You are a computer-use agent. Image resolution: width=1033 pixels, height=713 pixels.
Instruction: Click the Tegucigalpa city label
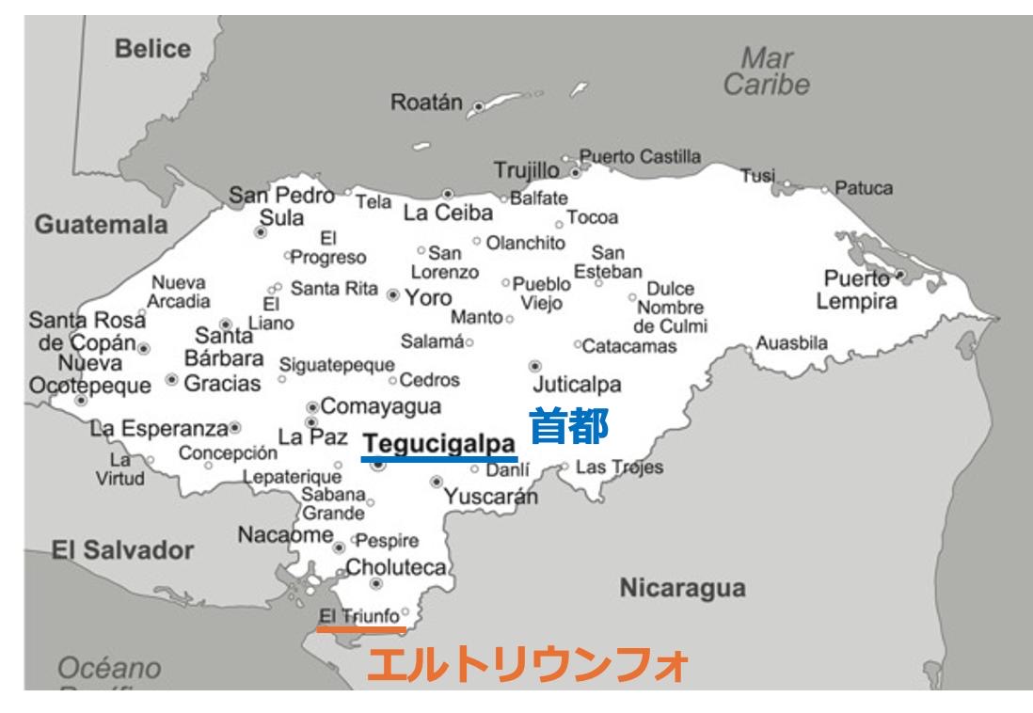click(x=439, y=443)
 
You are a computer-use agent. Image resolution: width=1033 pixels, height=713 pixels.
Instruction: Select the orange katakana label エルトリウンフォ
click(x=527, y=665)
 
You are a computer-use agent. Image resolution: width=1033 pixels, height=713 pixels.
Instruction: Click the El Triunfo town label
click(x=359, y=616)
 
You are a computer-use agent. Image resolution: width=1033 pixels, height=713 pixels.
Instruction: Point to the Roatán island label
click(x=426, y=103)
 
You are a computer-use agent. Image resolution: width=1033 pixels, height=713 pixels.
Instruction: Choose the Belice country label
click(x=152, y=49)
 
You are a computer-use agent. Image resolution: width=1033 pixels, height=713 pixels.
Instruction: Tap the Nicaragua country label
click(x=682, y=589)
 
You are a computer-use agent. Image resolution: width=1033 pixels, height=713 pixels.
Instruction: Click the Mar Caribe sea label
click(x=766, y=71)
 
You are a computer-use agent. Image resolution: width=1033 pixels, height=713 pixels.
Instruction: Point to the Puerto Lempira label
click(x=856, y=291)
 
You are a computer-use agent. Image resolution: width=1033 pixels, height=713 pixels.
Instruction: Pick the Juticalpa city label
click(x=577, y=385)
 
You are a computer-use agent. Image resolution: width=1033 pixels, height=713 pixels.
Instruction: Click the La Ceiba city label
click(x=448, y=214)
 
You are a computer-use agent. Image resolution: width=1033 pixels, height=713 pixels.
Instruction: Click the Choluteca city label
click(x=399, y=567)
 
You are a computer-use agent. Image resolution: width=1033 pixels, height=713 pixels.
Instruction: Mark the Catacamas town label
click(x=629, y=346)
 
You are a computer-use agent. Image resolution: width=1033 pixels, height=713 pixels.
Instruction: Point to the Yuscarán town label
click(x=491, y=497)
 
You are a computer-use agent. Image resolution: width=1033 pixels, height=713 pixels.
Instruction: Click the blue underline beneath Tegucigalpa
click(x=439, y=459)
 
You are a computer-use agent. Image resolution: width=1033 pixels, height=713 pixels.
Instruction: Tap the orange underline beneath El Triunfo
click(x=361, y=629)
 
